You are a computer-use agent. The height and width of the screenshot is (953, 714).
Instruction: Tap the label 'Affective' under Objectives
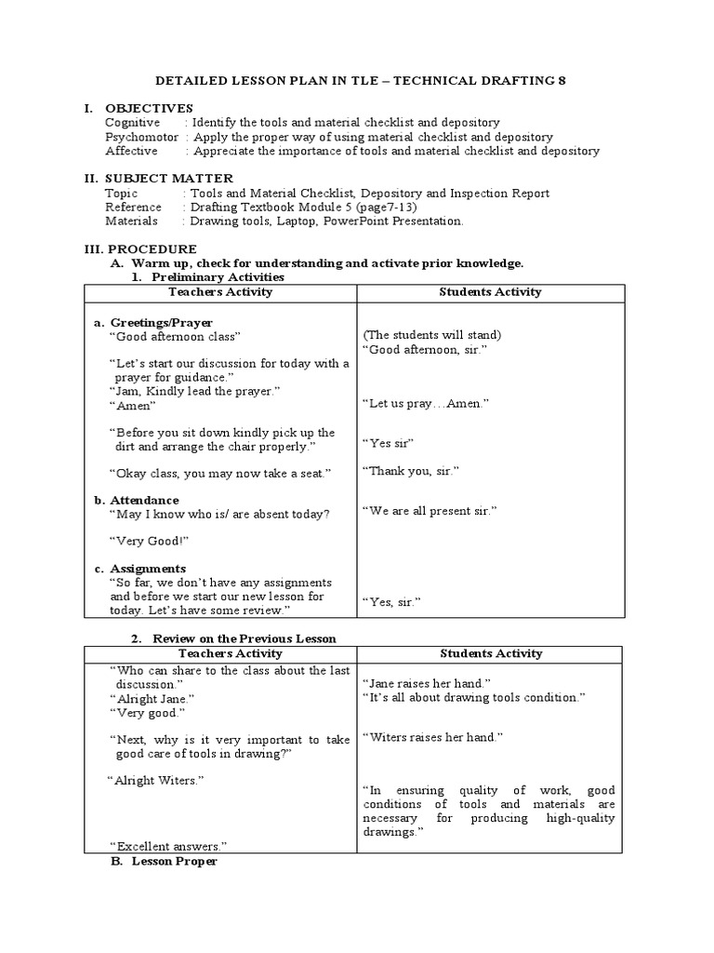pos(131,151)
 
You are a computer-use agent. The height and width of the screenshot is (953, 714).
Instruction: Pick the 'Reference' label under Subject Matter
pos(132,207)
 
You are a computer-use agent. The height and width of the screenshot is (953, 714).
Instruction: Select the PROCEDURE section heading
pos(152,249)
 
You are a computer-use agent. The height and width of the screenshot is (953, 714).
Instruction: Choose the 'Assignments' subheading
pos(148,568)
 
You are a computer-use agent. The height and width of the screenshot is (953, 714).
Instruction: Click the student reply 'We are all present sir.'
pos(430,511)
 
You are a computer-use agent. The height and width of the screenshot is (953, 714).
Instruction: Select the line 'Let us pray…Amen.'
pos(425,403)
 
